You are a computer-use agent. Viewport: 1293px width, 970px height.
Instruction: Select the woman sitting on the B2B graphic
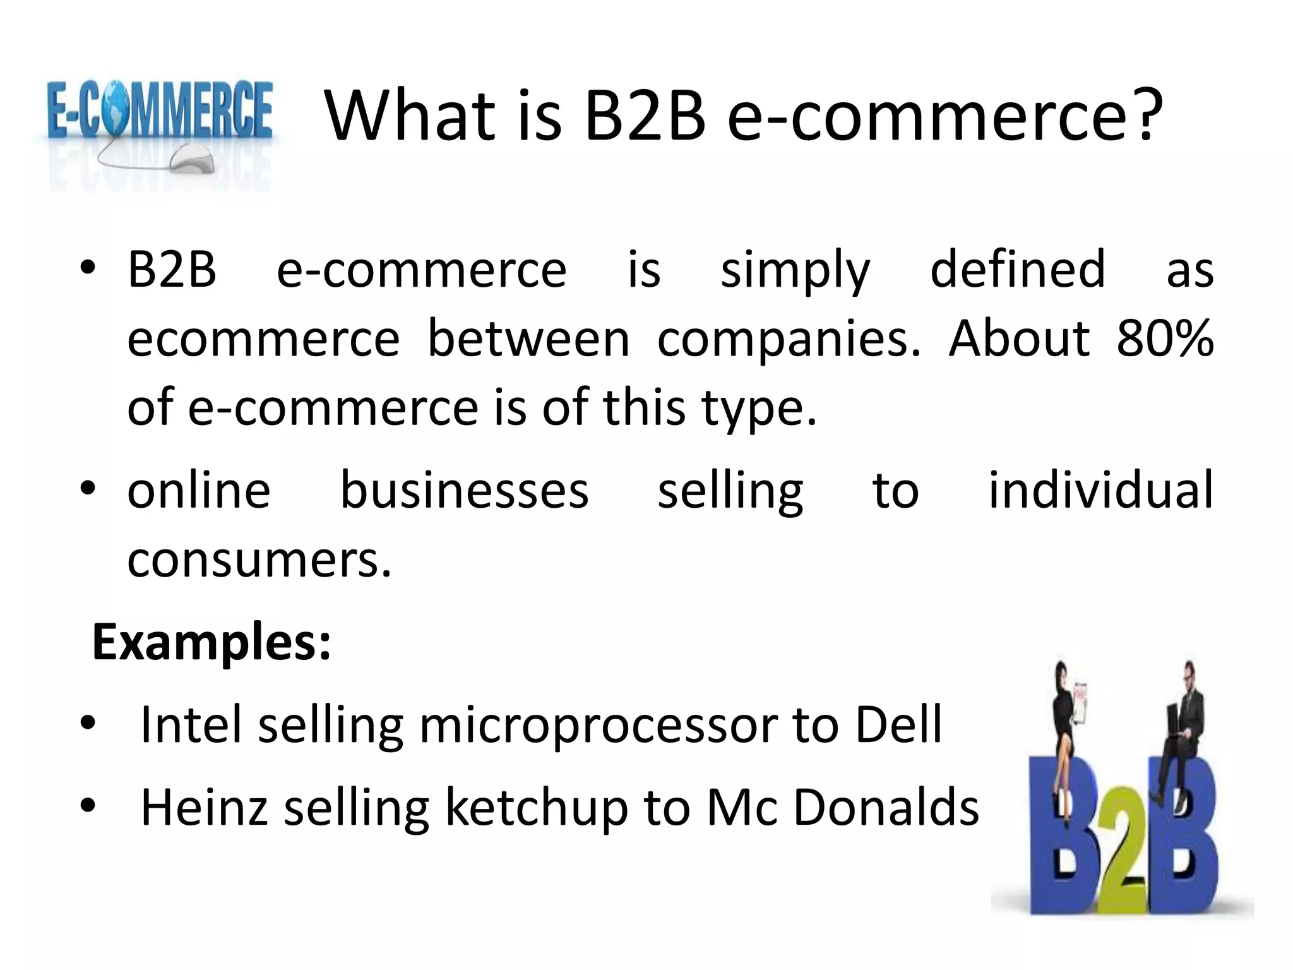tap(1067, 720)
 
